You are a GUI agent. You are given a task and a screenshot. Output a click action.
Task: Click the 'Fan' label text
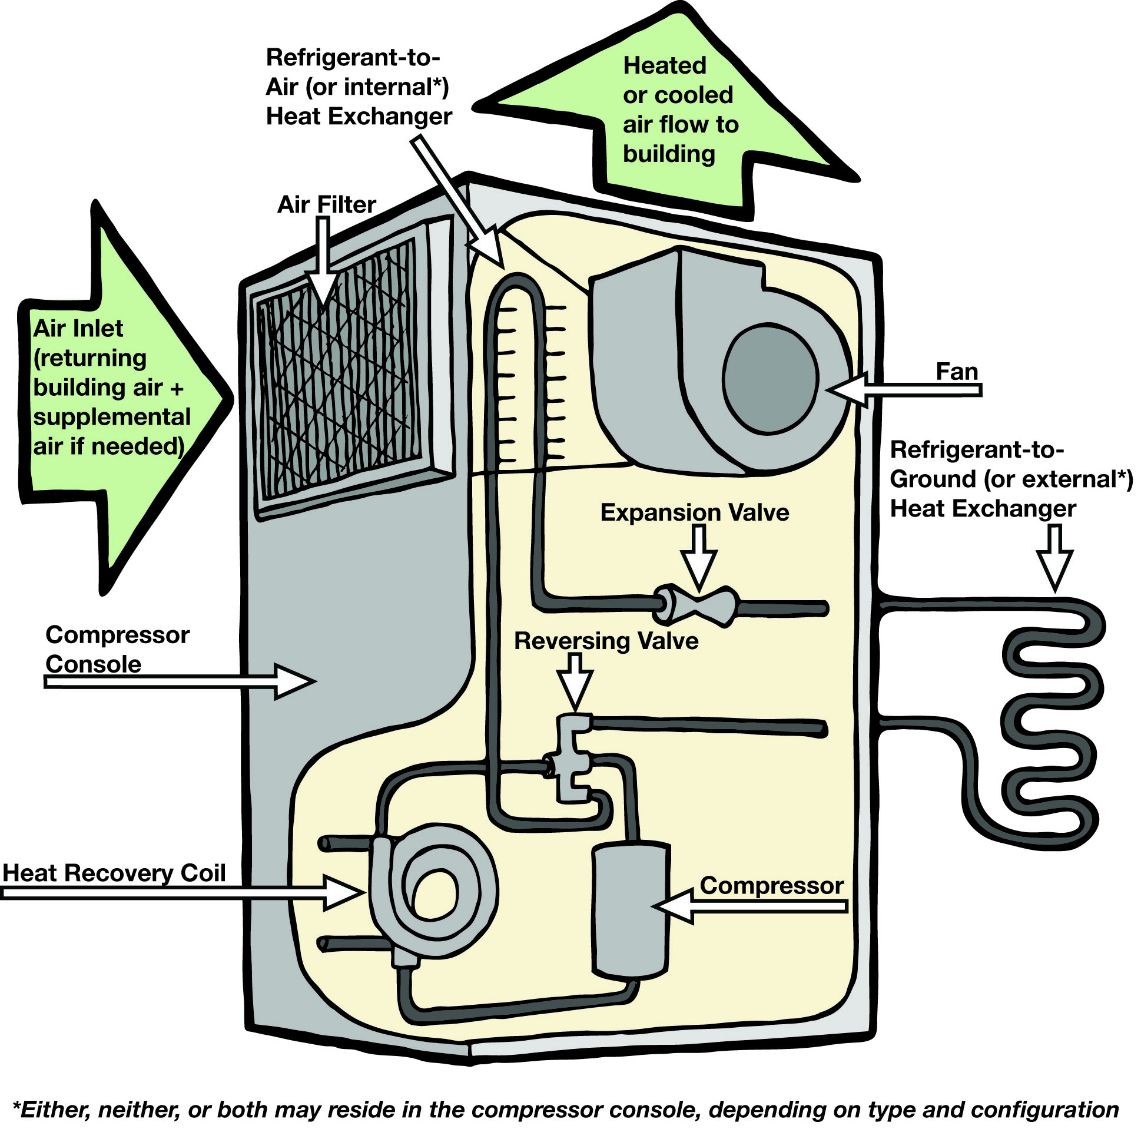point(957,372)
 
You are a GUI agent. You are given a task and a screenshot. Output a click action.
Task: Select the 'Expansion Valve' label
point(695,512)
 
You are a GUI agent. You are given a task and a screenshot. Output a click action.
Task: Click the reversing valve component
point(570,759)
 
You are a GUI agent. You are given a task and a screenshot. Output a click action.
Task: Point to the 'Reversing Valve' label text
point(606,641)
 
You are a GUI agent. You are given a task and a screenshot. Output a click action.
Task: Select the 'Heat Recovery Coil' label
point(114,873)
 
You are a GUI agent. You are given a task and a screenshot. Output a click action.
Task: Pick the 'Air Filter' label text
point(326,205)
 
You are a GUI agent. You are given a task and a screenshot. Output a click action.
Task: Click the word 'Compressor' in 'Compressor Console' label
point(118,635)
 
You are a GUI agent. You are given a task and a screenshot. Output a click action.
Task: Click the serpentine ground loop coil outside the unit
point(1052,727)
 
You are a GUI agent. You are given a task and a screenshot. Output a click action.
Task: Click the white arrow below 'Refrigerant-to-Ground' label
point(1054,558)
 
